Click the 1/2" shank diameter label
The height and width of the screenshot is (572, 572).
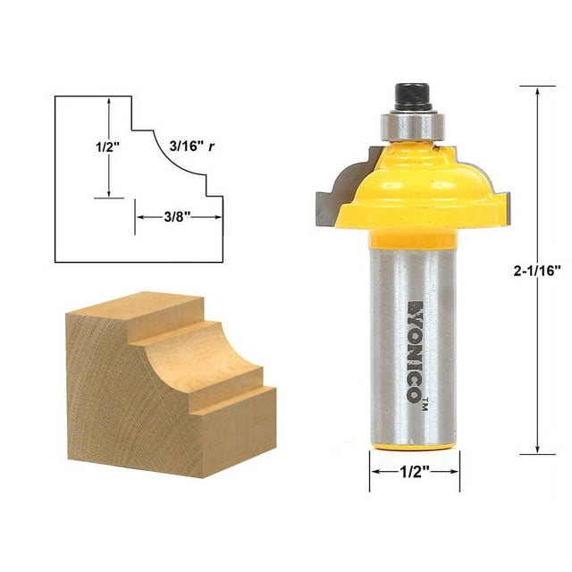415,473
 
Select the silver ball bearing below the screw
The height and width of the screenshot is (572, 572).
411,125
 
